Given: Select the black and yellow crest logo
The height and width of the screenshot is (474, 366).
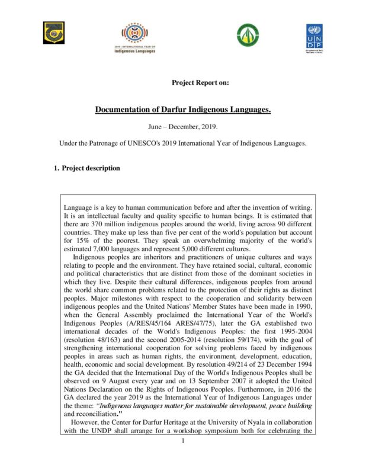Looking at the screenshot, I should (x=53, y=33).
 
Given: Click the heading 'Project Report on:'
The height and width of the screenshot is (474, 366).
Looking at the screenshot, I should (x=200, y=82).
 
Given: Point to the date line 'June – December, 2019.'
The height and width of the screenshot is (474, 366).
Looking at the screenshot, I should (x=182, y=127).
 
